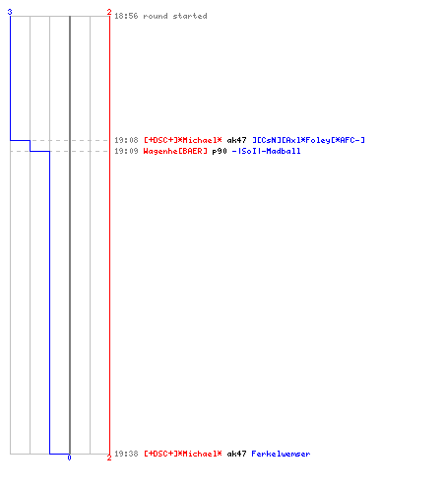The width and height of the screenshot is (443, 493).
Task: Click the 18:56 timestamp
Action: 126,16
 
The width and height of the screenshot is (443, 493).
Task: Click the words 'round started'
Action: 175,16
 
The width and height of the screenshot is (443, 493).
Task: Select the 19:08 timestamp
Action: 126,140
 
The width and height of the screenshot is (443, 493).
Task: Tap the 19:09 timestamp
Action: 126,151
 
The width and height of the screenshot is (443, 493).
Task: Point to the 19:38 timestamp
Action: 126,454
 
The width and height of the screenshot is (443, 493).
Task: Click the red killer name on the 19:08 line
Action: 183,140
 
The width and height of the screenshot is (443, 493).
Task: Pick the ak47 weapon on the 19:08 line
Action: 236,140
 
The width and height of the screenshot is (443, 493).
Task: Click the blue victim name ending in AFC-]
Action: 308,140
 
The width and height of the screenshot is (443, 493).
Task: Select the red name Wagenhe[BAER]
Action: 175,151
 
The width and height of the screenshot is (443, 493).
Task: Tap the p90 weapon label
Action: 220,151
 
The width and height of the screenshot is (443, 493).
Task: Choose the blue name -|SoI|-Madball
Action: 266,151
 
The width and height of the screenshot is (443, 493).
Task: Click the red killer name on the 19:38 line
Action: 183,454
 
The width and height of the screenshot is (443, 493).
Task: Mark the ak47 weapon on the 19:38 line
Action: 236,454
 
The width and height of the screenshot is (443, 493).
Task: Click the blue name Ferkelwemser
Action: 281,454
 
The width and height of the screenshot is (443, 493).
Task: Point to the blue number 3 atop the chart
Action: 10,12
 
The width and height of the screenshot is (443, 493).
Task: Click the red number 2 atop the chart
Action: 109,12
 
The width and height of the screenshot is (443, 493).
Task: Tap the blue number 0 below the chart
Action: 69,458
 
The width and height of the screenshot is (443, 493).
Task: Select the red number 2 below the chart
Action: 109,458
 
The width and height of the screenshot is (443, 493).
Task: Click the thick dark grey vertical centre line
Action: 70,235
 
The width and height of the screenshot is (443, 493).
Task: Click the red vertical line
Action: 109,235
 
